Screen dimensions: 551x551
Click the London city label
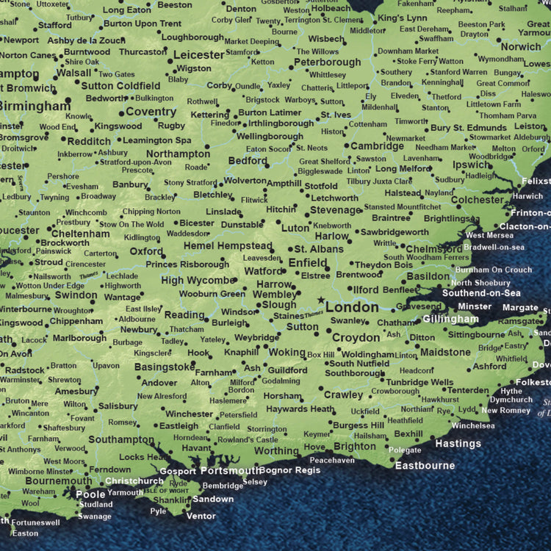point(352,307)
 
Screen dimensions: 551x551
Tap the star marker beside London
point(320,300)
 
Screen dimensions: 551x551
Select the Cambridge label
point(377,146)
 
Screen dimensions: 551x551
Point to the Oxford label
point(146,251)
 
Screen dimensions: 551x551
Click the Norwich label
point(521,46)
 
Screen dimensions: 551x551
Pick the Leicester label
point(198,54)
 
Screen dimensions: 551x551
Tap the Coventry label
point(151,112)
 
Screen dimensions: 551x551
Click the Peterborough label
point(327,62)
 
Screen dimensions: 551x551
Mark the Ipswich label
point(472,165)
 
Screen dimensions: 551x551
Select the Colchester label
point(478,199)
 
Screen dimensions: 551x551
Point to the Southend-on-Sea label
point(480,294)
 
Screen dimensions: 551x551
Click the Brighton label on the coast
point(354,446)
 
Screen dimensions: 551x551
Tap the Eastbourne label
point(425,465)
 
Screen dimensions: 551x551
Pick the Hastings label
point(458,444)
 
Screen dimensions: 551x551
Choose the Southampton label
point(120,439)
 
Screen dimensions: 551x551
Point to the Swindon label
point(76,295)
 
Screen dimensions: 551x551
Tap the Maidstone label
point(445,352)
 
